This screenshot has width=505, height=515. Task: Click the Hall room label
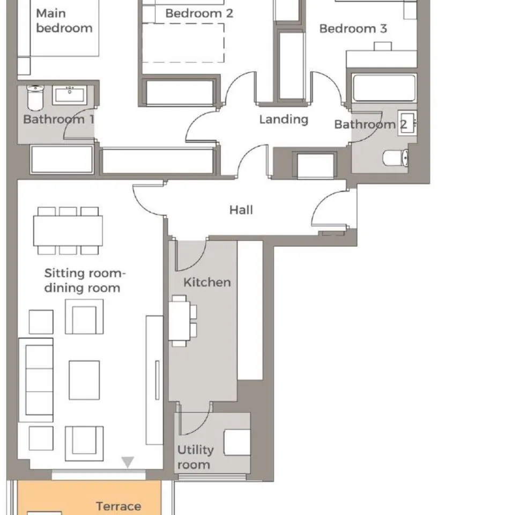pyautogui.click(x=241, y=210)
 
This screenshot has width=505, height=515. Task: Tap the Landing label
pyautogui.click(x=284, y=119)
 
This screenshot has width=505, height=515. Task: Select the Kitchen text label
pyautogui.click(x=207, y=282)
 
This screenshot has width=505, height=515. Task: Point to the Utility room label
pyautogui.click(x=196, y=457)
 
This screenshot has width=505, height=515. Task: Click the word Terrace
pyautogui.click(x=119, y=506)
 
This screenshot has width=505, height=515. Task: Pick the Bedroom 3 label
pyautogui.click(x=353, y=28)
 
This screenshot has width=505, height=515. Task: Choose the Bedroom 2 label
pyautogui.click(x=199, y=13)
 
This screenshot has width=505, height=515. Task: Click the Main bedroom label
pyautogui.click(x=64, y=20)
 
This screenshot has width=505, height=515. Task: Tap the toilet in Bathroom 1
pyautogui.click(x=35, y=98)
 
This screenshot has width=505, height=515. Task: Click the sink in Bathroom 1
pyautogui.click(x=70, y=95)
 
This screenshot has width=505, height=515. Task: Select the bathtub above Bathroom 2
pyautogui.click(x=384, y=87)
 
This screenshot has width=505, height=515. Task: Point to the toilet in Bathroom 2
pyautogui.click(x=396, y=158)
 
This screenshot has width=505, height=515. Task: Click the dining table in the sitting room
pyautogui.click(x=68, y=231)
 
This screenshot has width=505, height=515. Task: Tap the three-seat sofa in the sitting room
pyautogui.click(x=36, y=380)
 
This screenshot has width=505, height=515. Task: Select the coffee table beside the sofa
pyautogui.click(x=84, y=380)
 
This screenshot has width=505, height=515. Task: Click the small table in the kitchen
pyautogui.click(x=180, y=321)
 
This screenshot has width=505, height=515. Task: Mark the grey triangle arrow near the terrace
pyautogui.click(x=128, y=462)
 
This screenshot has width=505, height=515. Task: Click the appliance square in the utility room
pyautogui.click(x=237, y=442)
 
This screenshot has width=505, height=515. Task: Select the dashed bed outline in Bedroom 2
pyautogui.click(x=183, y=43)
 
